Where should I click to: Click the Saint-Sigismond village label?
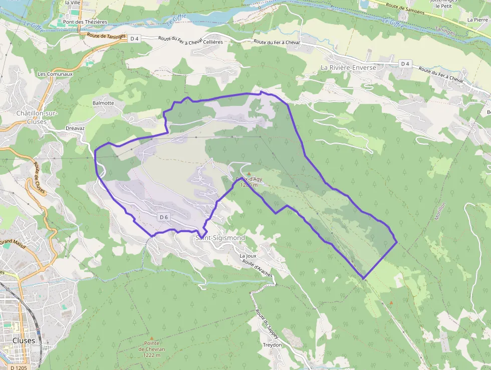pos(220,237)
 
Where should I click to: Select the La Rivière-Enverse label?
pos(348,67)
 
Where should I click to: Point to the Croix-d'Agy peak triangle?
pos(249,174)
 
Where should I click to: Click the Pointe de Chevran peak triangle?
pos(152,338)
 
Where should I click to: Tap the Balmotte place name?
pos(103,103)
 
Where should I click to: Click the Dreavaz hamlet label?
pos(75,128)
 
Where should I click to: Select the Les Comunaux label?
pos(55,74)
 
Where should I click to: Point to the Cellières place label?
pos(213,42)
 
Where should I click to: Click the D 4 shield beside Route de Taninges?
pos(134,38)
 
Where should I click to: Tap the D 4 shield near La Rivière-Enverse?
pos(405,64)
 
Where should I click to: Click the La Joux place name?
pos(248,256)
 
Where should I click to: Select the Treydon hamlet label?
pos(272,345)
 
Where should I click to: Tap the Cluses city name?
pos(24,340)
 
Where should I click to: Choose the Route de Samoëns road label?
pos(404,9)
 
